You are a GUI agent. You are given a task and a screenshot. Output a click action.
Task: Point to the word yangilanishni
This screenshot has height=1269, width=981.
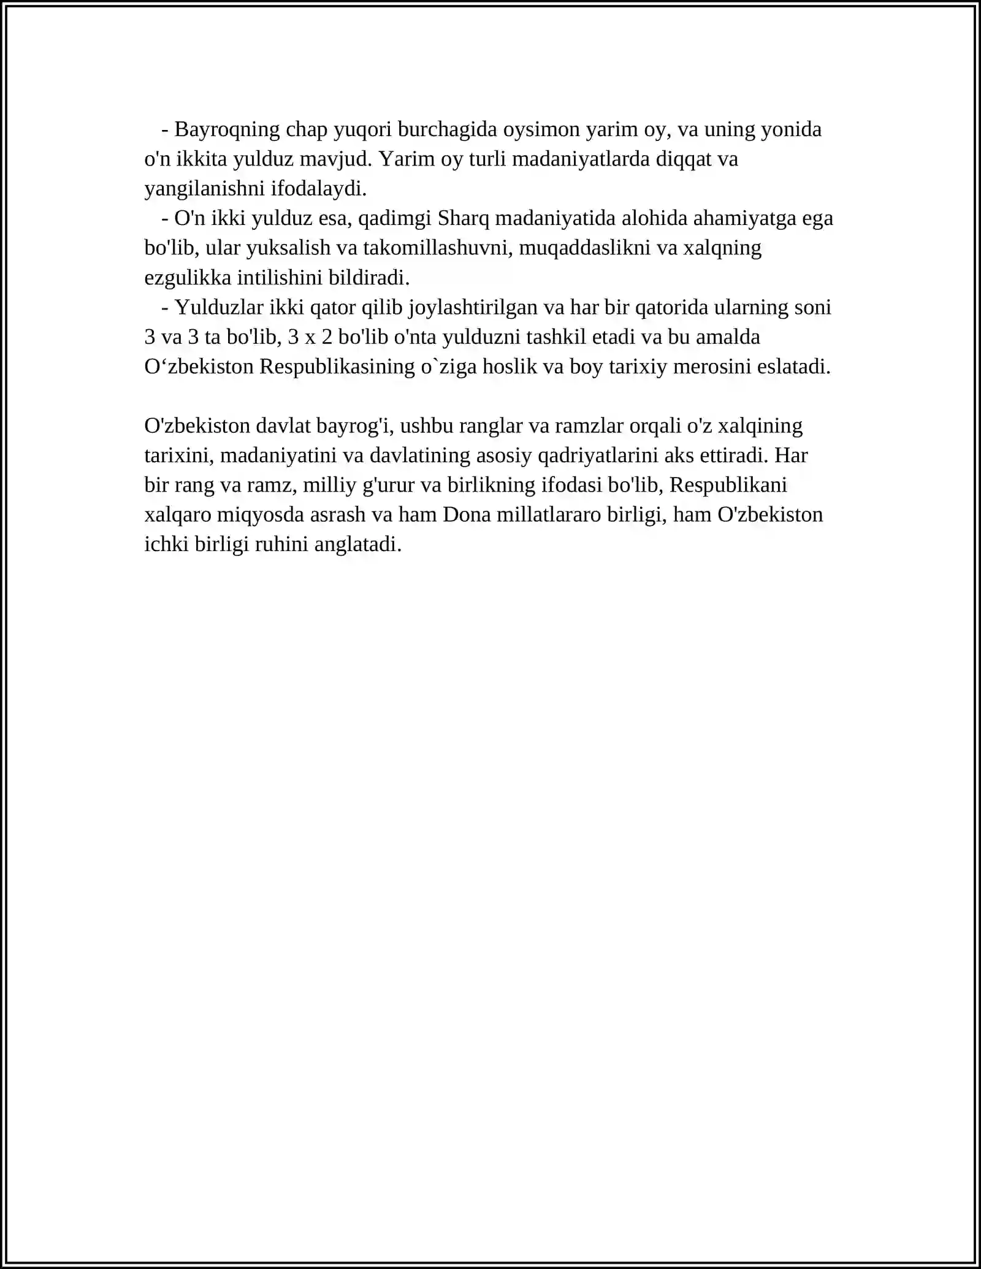tap(204, 189)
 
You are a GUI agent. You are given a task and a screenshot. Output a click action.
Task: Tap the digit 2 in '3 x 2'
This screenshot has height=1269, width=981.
tap(326, 337)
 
